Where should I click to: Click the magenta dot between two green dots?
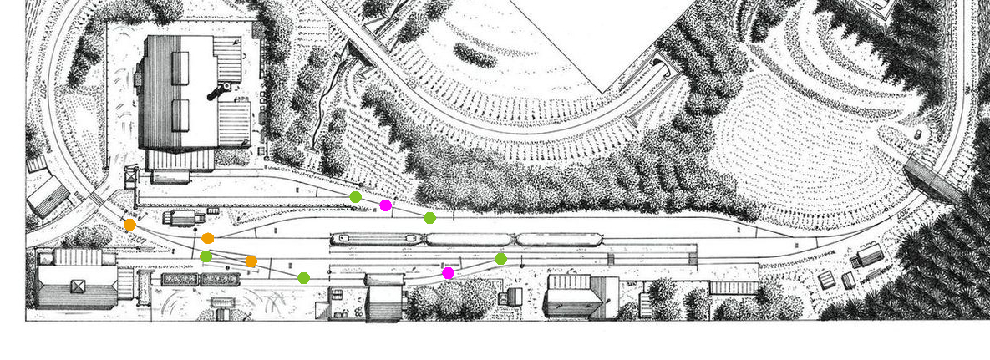coord(385,205)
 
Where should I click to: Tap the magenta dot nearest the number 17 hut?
coord(449,273)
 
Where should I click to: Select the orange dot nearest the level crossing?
coord(130,225)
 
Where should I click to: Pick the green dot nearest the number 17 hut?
coord(500,259)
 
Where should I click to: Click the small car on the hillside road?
coord(918,134)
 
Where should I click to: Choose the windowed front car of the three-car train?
coord(377,239)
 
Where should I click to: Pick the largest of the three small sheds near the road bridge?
coord(870,253)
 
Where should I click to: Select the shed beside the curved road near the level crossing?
coord(48,198)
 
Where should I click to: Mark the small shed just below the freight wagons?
coord(223,313)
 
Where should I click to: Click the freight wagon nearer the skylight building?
coord(180,280)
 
